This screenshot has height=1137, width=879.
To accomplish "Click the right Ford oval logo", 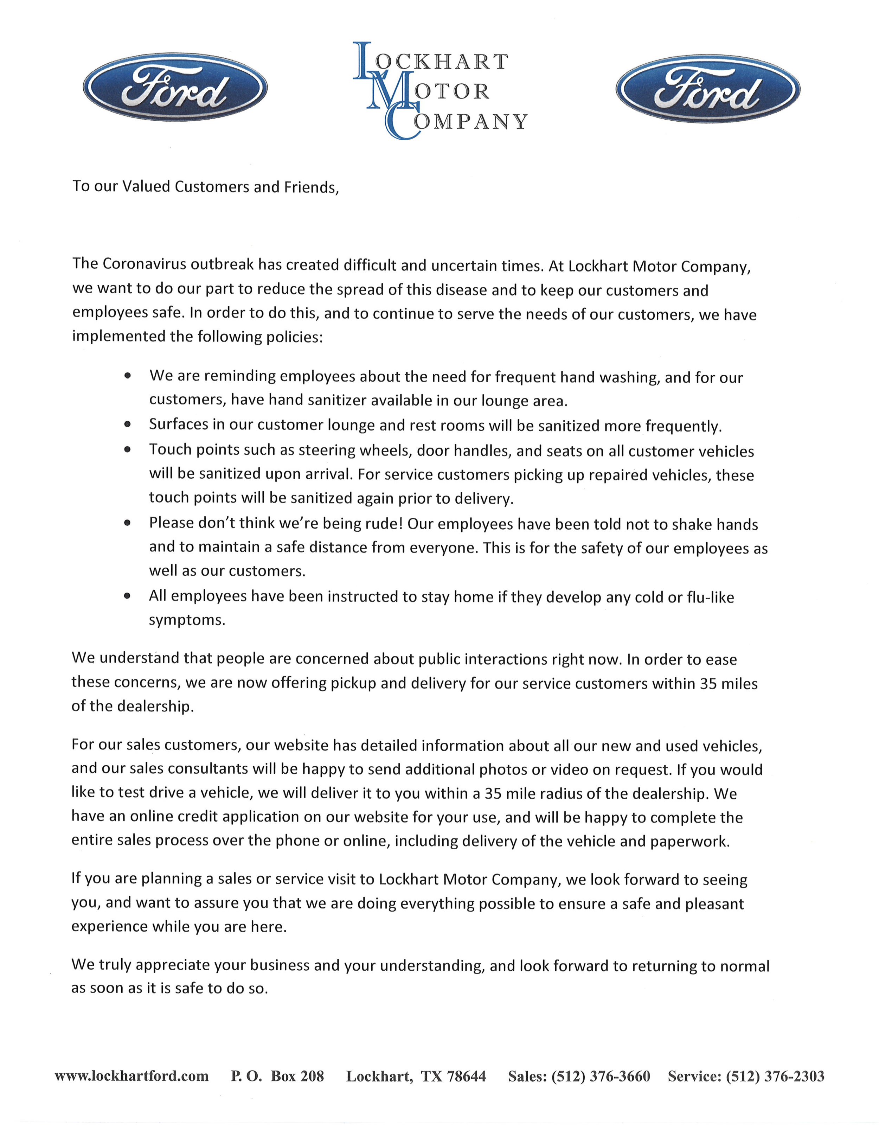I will tap(708, 89).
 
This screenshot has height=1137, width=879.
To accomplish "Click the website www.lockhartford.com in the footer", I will tap(131, 1076).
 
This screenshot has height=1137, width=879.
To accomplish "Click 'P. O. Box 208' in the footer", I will tap(277, 1076).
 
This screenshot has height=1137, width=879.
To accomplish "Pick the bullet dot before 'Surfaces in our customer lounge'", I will tap(128, 424).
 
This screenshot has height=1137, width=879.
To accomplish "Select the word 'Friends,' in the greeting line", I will tap(311, 187).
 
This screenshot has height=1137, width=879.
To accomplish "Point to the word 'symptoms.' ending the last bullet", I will tap(187, 620).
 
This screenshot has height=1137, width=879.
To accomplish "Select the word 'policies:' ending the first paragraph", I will tap(295, 337).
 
